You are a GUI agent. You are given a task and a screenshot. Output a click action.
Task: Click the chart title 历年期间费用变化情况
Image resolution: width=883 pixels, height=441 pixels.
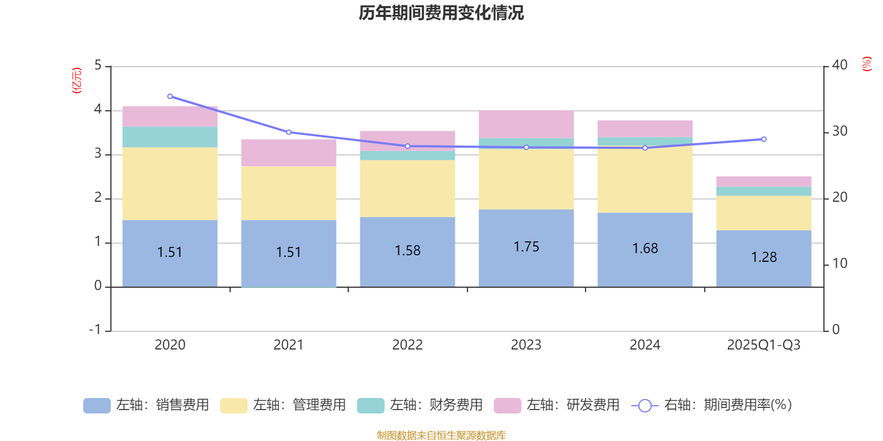pos(441,13)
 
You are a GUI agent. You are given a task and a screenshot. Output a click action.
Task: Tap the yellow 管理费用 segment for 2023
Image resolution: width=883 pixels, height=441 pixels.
pos(526,179)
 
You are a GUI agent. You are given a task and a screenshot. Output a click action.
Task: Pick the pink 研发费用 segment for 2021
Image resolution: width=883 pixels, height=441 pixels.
pos(289,153)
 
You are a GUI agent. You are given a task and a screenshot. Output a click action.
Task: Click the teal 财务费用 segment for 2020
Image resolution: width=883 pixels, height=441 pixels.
pos(169,137)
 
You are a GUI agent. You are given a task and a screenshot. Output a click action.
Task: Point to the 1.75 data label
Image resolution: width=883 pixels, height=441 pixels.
pos(526,247)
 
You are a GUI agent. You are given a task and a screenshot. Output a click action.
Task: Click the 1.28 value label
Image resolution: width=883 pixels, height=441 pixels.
pos(764,257)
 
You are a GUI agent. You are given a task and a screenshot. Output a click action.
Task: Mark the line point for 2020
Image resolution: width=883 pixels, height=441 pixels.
pos(170,96)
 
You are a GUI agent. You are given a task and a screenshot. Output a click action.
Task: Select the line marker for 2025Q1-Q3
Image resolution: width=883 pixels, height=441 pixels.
pos(764,139)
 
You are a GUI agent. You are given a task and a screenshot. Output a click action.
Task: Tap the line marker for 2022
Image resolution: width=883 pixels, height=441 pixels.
pos(407,146)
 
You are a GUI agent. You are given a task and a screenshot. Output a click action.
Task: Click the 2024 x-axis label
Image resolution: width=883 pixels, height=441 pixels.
pos(645,345)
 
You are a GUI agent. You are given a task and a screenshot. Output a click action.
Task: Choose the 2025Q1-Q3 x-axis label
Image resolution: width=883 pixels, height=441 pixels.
pos(763,345)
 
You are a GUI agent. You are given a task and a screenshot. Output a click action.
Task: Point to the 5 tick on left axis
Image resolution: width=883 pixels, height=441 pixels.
pos(98,66)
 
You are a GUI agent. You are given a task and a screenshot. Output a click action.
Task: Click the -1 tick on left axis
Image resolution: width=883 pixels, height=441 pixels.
pos(95,330)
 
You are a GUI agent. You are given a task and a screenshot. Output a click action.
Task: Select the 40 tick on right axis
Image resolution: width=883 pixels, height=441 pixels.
pos(839,65)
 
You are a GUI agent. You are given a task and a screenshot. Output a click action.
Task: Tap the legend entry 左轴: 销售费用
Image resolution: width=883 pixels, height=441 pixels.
pos(147,405)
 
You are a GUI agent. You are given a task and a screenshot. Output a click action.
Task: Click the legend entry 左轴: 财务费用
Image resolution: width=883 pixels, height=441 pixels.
pos(420,405)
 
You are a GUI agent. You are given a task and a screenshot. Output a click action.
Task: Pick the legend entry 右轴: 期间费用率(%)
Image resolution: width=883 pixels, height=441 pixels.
pos(712,405)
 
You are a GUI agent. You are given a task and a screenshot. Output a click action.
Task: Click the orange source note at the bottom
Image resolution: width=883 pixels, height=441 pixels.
pos(441,435)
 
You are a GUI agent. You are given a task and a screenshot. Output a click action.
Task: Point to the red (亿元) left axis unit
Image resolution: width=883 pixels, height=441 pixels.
pos(77,81)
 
